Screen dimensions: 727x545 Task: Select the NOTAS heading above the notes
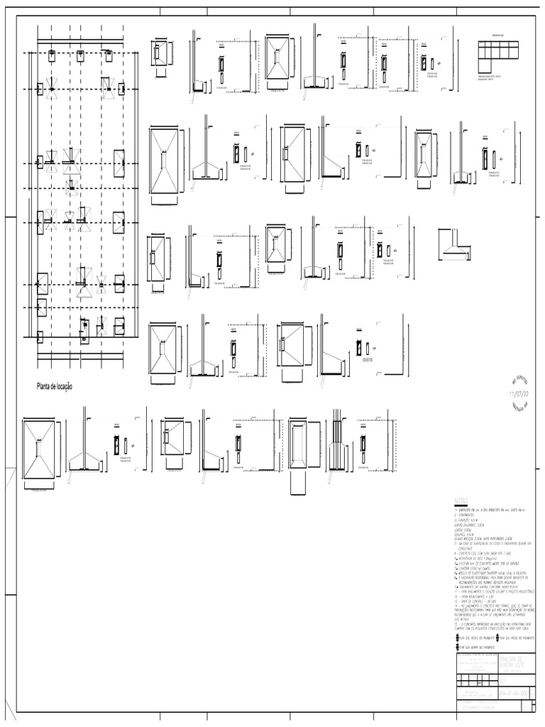point(461,501)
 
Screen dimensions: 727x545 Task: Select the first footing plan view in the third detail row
point(157,258)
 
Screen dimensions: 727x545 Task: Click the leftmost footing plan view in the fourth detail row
point(164,352)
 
